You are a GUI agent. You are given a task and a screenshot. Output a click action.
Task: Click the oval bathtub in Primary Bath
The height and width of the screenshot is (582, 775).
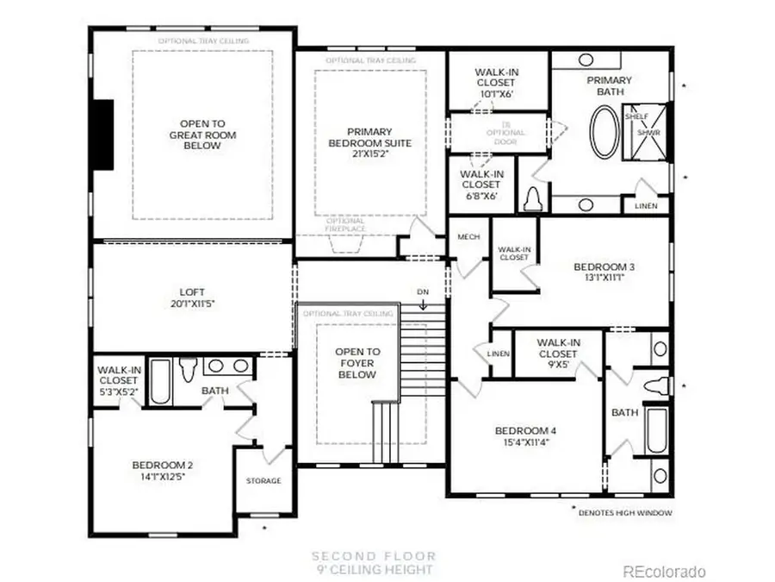tap(604, 132)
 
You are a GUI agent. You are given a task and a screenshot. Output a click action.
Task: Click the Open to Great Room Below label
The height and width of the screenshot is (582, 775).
tap(202, 135)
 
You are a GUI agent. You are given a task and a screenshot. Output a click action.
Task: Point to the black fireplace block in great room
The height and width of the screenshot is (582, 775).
tap(103, 136)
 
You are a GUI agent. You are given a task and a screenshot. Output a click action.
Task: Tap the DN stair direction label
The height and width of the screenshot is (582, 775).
tap(422, 292)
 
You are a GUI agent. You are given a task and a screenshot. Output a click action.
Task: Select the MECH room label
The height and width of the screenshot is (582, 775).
tap(468, 237)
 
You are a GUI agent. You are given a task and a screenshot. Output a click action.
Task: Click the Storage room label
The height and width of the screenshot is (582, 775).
tap(263, 480)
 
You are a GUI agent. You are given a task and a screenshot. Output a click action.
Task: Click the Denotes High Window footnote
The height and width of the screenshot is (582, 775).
tap(627, 512)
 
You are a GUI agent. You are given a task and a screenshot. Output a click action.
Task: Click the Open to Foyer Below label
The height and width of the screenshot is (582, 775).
tap(356, 363)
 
